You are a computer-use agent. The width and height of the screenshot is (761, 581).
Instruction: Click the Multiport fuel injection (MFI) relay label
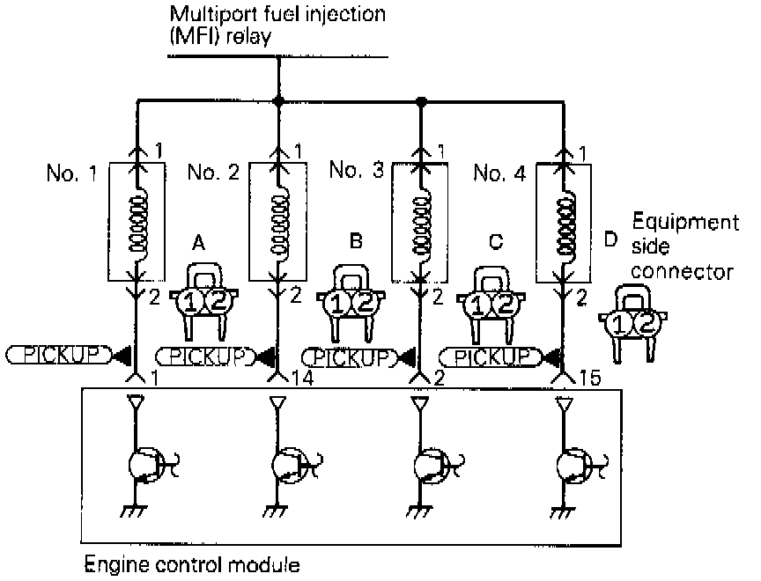[277, 26]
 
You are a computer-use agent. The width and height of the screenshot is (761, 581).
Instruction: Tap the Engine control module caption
[191, 563]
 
